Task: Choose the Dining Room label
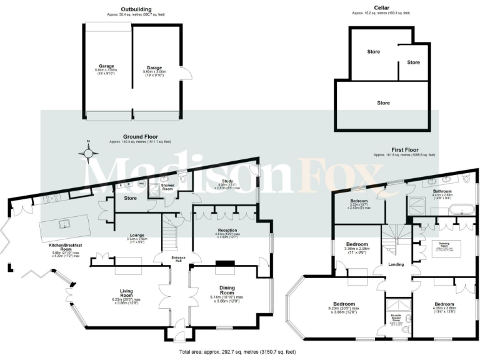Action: [226, 291]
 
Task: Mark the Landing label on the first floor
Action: [396, 265]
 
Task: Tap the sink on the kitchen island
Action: [62, 222]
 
